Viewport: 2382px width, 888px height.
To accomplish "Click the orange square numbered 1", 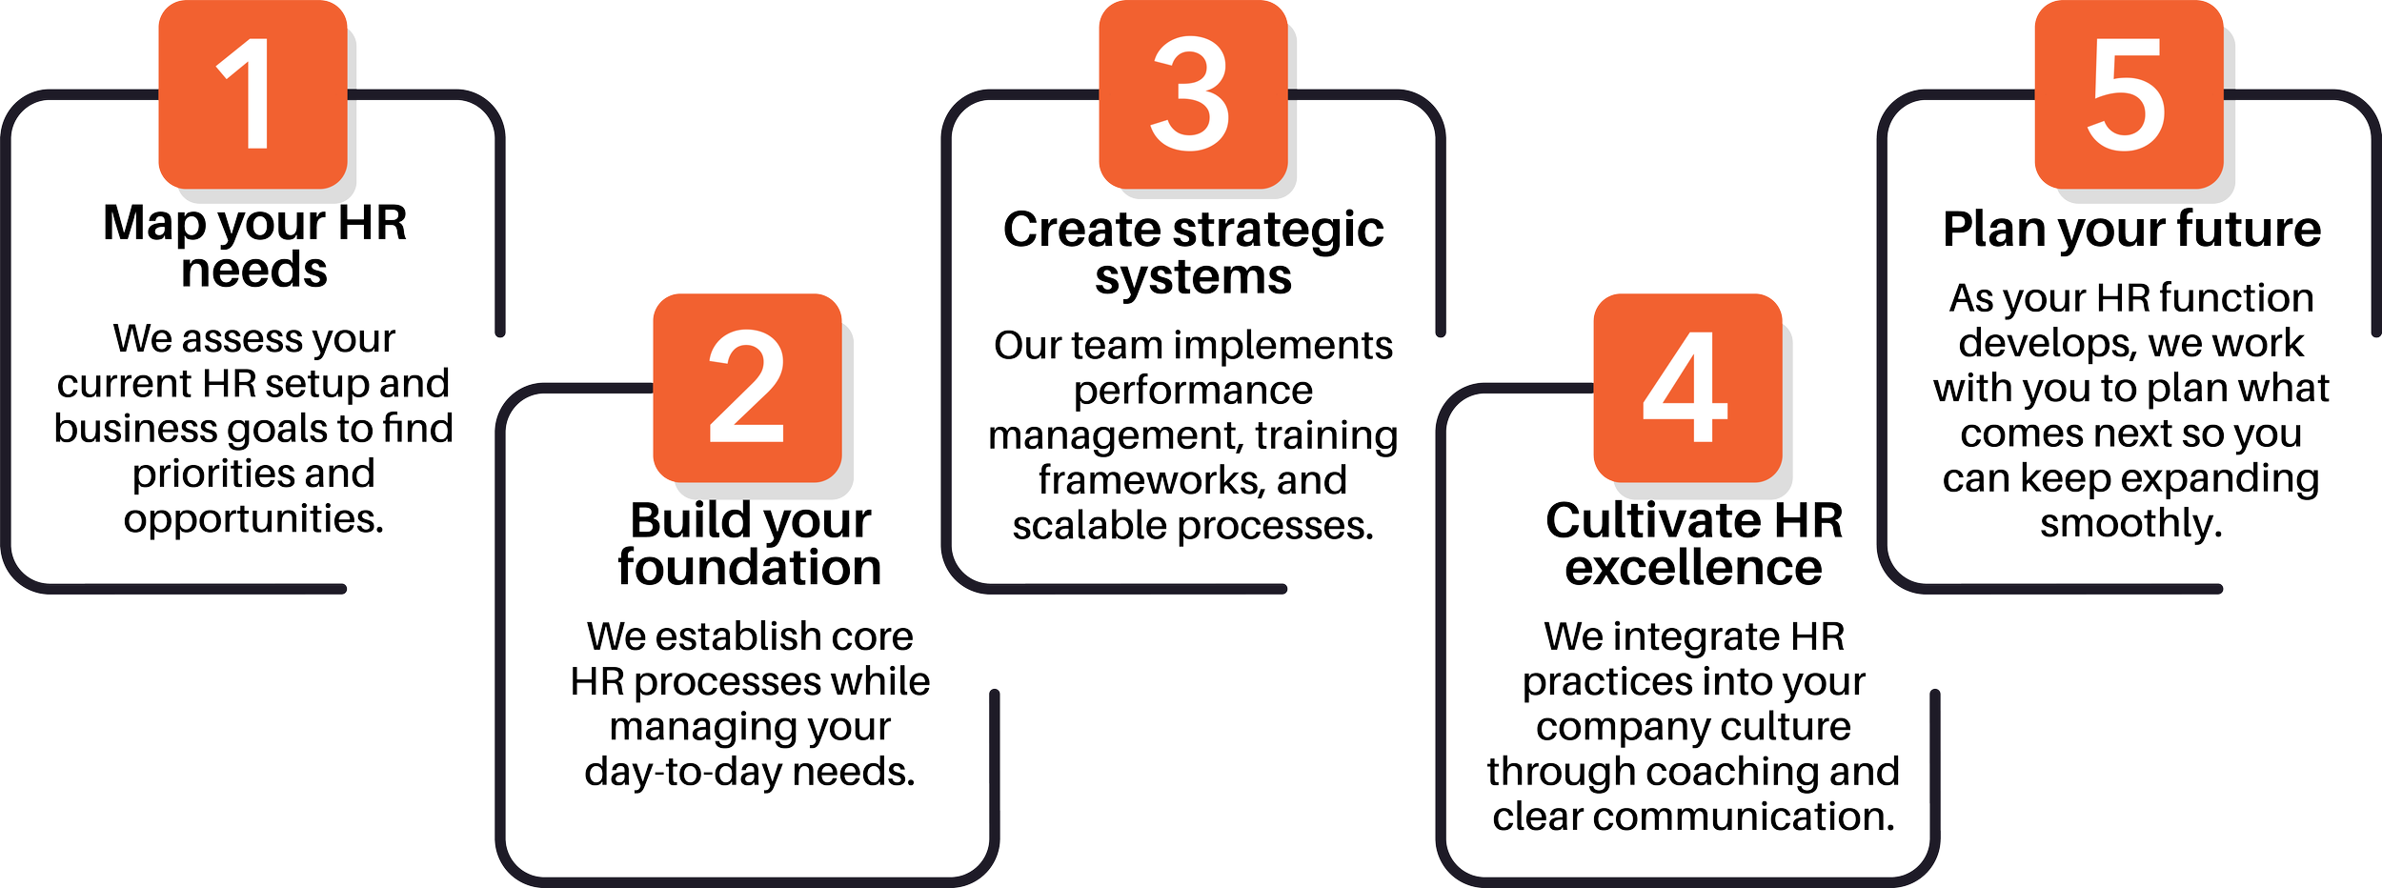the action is click(252, 94).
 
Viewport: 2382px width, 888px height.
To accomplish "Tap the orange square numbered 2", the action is click(747, 387).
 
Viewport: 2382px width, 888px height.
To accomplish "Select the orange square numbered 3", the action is click(1192, 94).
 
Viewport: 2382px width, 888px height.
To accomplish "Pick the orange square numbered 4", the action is click(1686, 387).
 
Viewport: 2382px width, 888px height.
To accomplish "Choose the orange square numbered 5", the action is click(2128, 94).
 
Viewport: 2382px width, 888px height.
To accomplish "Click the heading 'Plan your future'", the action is click(2132, 231).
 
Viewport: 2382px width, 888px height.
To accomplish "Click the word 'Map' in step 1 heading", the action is click(154, 225).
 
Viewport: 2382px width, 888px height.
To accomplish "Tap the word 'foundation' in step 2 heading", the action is click(750, 568).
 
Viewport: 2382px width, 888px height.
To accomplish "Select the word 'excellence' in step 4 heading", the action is click(1693, 568).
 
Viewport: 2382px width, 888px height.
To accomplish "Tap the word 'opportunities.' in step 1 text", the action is click(253, 520).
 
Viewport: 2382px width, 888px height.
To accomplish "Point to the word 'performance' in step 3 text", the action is click(1193, 391).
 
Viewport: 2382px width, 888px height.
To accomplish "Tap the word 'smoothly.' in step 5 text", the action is click(2131, 524).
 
